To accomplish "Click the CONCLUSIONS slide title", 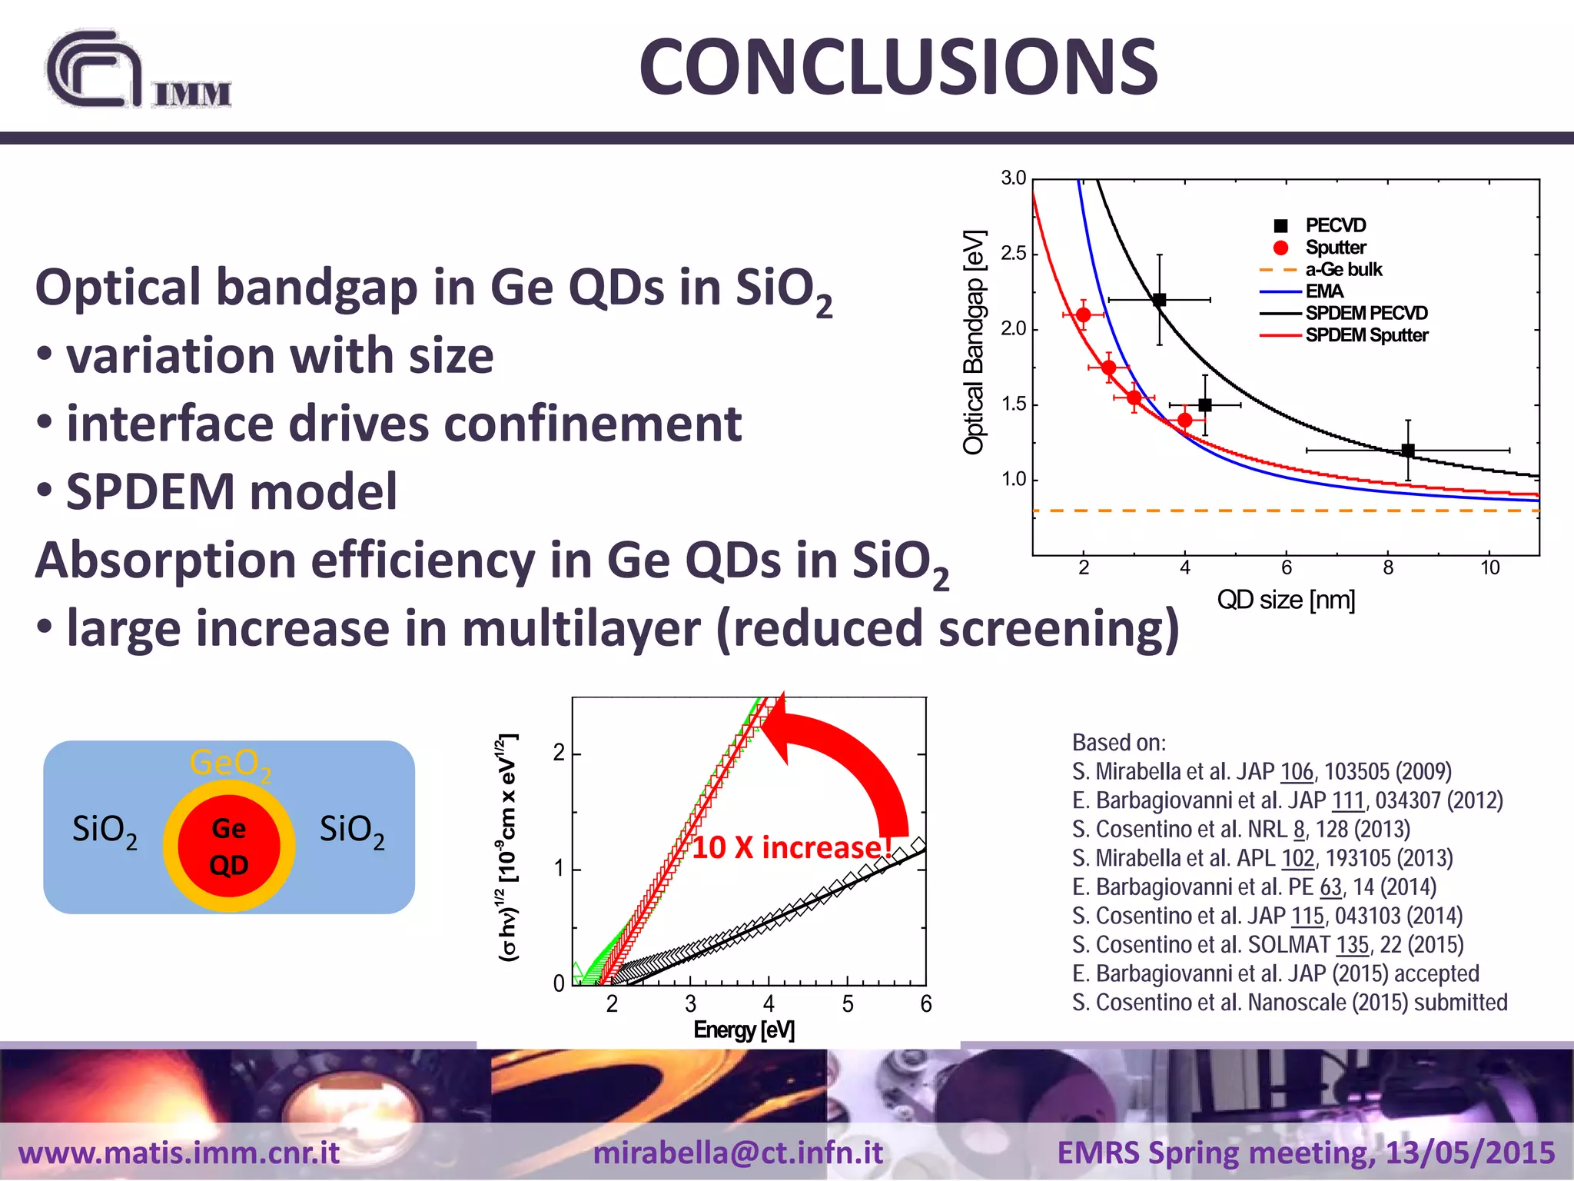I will (898, 68).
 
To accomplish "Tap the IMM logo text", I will (192, 95).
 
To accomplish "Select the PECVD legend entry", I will (1335, 225).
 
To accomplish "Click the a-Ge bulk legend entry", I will (1343, 270).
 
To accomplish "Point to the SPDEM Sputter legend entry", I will (1366, 335).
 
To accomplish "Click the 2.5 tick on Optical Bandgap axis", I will (1014, 253).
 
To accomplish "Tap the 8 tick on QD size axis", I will (1388, 568).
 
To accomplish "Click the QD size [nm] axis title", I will (1286, 600).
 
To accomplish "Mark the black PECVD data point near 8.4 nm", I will (1408, 451).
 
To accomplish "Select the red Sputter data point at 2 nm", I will (1084, 314).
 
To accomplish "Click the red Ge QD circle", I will (229, 845).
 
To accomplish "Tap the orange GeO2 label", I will (230, 763).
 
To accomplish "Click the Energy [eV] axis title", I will (744, 1030).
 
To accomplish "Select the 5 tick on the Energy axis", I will (848, 1004).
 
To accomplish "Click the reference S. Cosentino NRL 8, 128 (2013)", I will (1240, 829).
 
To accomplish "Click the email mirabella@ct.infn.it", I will (738, 1153).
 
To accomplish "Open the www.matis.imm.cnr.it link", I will (179, 1153).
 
